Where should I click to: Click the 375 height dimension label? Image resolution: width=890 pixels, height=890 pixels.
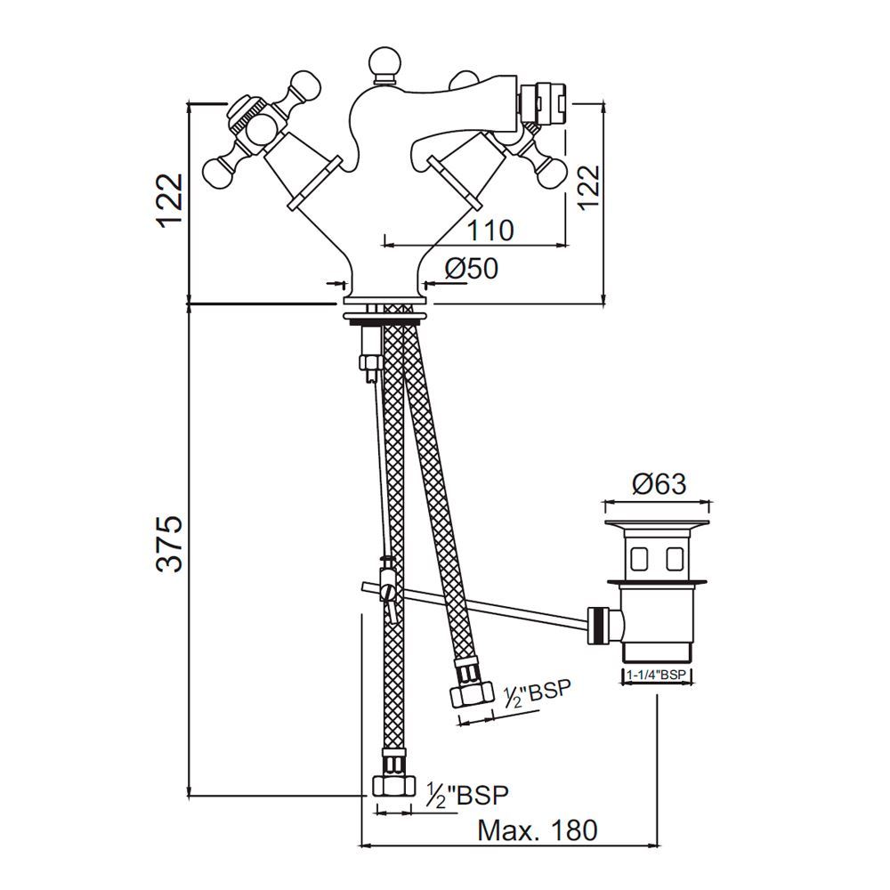[168, 544]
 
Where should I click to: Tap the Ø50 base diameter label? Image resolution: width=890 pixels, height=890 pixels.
[472, 270]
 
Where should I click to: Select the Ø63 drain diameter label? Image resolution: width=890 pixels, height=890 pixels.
[659, 484]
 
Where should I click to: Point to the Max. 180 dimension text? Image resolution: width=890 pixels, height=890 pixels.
[537, 830]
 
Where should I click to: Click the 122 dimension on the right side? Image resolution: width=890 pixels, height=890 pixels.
[590, 188]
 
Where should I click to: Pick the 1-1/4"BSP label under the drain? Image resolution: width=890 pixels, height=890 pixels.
[657, 676]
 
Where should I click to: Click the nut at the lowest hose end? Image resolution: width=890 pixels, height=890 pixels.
[392, 785]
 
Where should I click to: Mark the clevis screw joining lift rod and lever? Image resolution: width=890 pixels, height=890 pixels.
[387, 590]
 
